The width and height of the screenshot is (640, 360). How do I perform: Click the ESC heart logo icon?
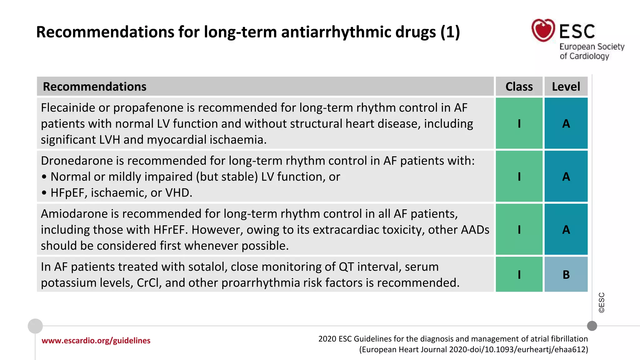point(543,30)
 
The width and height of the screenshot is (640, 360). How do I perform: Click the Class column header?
point(519,87)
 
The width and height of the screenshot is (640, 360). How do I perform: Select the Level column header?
point(566,87)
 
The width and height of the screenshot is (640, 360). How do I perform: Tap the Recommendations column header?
point(94,87)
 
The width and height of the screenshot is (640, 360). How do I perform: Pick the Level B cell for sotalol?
point(566,274)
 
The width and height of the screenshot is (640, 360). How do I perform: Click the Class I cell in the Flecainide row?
point(519,123)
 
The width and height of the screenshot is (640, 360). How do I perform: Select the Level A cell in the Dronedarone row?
point(566,177)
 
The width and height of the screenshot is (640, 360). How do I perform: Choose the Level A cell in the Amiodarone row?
point(566,230)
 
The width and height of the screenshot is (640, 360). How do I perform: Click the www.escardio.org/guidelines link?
point(96,341)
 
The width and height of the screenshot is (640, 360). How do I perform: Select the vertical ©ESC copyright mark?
point(602,302)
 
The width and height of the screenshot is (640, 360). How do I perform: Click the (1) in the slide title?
point(450,32)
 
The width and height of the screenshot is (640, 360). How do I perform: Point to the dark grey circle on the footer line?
point(592,326)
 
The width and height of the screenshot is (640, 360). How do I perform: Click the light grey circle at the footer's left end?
point(35,326)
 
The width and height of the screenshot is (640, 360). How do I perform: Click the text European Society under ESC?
point(592,47)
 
